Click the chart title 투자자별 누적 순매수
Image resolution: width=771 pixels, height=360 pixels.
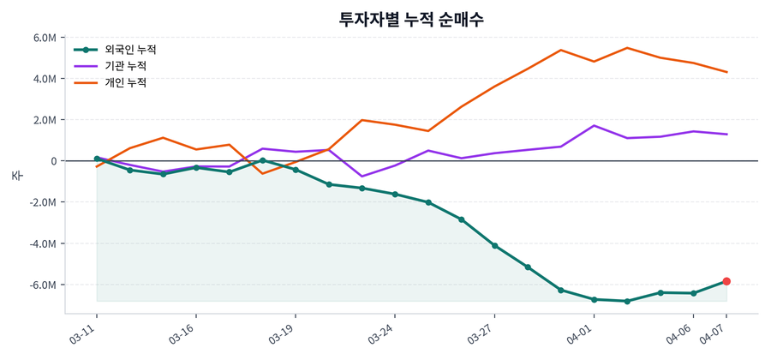[x=411, y=19]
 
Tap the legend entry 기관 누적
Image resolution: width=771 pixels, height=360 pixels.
[x=125, y=66]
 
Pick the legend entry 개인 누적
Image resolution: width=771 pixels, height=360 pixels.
[x=125, y=83]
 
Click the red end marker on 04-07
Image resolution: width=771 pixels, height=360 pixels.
[x=726, y=281]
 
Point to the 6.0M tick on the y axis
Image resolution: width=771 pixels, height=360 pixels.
[x=45, y=38]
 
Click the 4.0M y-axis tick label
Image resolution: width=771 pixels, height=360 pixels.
[x=45, y=79]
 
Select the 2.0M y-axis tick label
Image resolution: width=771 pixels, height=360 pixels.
[x=45, y=120]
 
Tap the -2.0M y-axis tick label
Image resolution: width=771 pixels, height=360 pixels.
[x=43, y=202]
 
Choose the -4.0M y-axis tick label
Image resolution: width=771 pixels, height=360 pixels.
[x=43, y=243]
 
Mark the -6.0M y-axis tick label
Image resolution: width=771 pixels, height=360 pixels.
[x=43, y=285]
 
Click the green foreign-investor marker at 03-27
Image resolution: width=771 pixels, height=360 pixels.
[x=495, y=246]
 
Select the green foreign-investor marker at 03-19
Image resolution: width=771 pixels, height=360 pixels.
[x=296, y=170]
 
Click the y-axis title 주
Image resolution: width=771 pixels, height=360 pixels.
[x=16, y=175]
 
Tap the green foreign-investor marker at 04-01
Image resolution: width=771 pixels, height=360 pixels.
[x=595, y=299]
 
